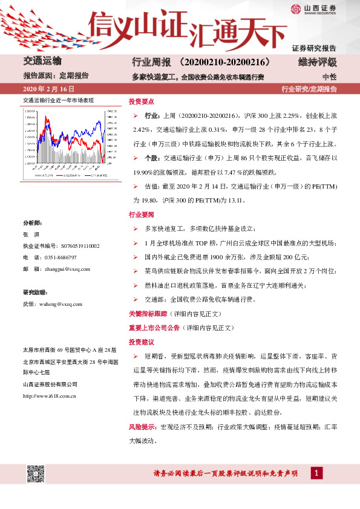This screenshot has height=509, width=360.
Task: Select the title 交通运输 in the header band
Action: tap(42, 62)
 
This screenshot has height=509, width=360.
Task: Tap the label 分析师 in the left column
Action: tap(33, 223)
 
